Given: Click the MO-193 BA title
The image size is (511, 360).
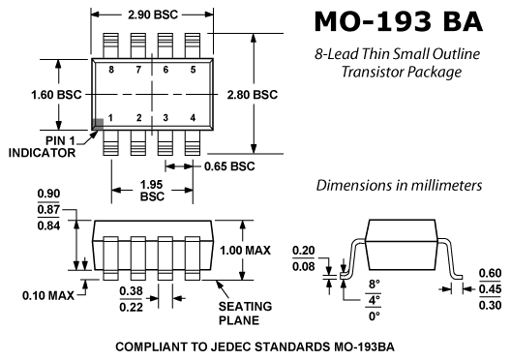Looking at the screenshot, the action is click(x=398, y=21).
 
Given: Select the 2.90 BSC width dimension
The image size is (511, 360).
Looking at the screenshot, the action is click(x=153, y=15).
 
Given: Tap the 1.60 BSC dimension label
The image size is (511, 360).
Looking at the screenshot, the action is click(x=56, y=95).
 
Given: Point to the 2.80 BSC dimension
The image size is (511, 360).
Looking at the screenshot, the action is click(x=253, y=95).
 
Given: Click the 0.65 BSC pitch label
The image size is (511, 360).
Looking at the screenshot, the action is click(x=229, y=166).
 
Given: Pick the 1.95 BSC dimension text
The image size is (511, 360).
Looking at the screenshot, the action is click(x=152, y=191).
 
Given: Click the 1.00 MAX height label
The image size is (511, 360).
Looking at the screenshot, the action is click(x=245, y=251).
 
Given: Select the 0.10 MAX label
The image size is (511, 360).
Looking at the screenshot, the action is click(x=48, y=296).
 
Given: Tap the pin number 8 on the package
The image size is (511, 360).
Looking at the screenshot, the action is click(x=111, y=70).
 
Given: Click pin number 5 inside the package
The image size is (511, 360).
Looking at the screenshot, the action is click(x=193, y=70).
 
